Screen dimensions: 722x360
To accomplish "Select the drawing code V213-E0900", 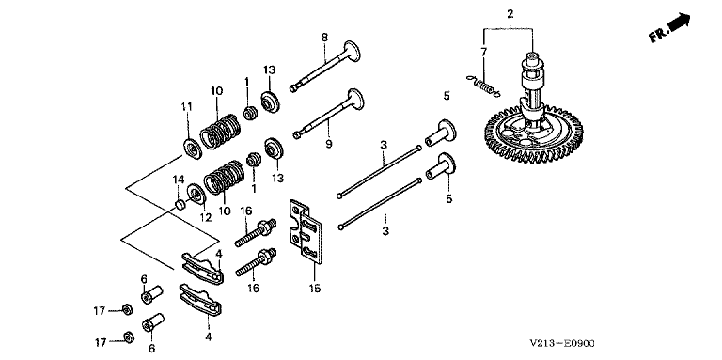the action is click(562, 343).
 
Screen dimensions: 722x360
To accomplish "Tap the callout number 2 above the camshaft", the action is click(510, 14).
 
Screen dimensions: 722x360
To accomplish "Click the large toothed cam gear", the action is click(534, 136).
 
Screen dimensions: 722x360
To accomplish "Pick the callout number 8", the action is click(324, 38).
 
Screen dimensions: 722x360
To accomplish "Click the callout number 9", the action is click(328, 144).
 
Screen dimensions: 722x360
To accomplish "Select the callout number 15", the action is click(315, 289).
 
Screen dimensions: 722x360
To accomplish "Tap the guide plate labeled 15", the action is click(305, 232).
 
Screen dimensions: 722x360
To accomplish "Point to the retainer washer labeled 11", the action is click(191, 148).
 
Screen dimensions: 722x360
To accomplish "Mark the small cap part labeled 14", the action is click(180, 203).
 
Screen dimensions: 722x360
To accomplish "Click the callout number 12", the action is click(205, 218).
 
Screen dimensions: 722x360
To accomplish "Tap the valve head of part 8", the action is click(353, 50).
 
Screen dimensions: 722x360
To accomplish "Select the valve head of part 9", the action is click(355, 100).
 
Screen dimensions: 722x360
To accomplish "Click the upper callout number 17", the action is click(100, 311).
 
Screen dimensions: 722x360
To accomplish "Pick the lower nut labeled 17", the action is click(129, 337).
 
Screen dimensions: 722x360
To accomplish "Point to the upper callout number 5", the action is click(447, 96).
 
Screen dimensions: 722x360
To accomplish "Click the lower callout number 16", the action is click(253, 289).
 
